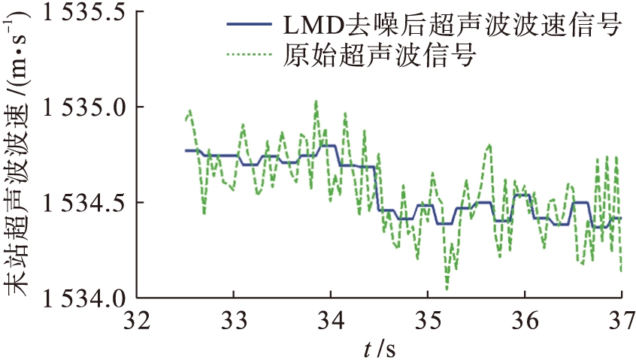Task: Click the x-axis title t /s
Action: (x=378, y=347)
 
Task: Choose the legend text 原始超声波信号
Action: (x=380, y=55)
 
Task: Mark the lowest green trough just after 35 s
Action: (x=447, y=289)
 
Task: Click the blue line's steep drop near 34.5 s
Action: (x=377, y=189)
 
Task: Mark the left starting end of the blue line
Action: (x=186, y=150)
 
